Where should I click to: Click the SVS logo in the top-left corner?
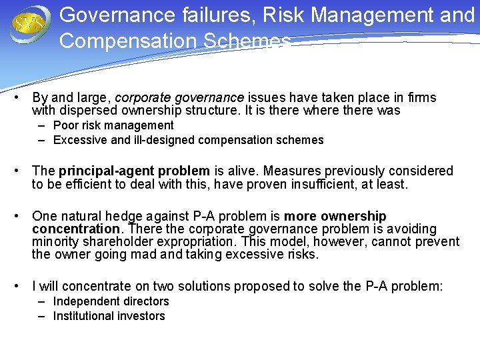(x=30, y=23)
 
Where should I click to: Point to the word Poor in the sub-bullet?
(x=66, y=125)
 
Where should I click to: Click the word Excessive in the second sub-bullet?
(x=80, y=140)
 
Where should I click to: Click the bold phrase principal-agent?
(x=106, y=171)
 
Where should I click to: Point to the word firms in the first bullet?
(x=421, y=98)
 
